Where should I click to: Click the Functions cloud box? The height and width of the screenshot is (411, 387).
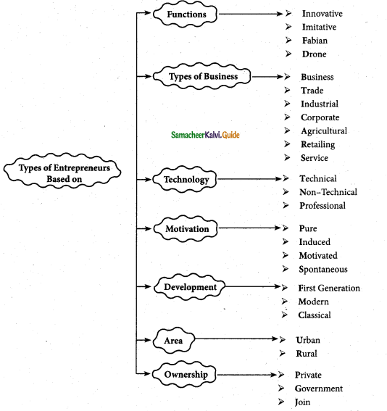pos(186,14)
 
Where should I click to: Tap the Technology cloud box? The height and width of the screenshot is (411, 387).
pos(186,179)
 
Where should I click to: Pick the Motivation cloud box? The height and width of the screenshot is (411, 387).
pos(186,229)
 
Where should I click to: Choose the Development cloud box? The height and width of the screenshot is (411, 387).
pos(189,287)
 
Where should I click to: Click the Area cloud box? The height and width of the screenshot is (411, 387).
pos(172,339)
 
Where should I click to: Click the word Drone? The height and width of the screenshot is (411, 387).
pos(315,54)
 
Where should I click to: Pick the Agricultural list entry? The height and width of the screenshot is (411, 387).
pos(324,131)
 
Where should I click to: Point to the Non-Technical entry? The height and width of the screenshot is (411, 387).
pos(328,192)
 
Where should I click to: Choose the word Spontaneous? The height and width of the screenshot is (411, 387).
pos(322,269)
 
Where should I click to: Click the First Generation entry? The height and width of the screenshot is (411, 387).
pos(329,288)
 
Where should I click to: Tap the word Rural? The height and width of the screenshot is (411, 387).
pos(307,354)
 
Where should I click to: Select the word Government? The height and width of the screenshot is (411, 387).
pos(319,389)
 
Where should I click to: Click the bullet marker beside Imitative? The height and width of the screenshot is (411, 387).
pos(288,28)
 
